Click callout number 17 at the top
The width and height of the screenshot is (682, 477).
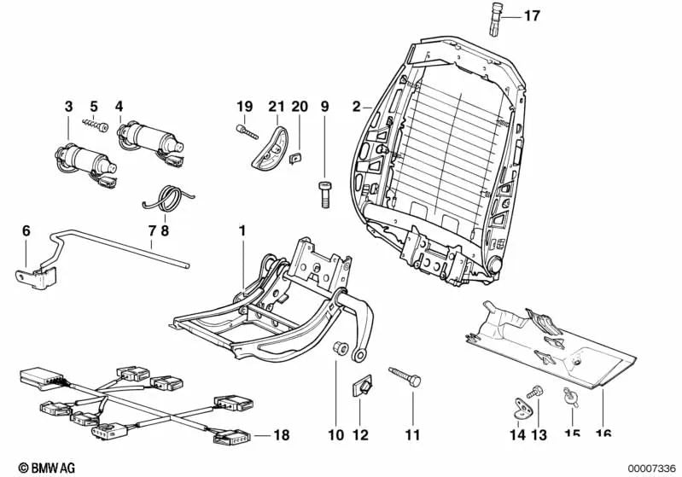532,16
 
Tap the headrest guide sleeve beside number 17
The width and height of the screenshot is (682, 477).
498,18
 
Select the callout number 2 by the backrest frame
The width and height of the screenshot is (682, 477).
356,108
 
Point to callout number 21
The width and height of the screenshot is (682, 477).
274,107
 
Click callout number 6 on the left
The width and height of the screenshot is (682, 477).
26,230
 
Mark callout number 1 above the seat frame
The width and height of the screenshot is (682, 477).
242,230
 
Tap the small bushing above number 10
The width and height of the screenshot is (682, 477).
338,347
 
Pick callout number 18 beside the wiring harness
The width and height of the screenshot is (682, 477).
281,435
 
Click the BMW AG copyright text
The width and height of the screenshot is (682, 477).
33,468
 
